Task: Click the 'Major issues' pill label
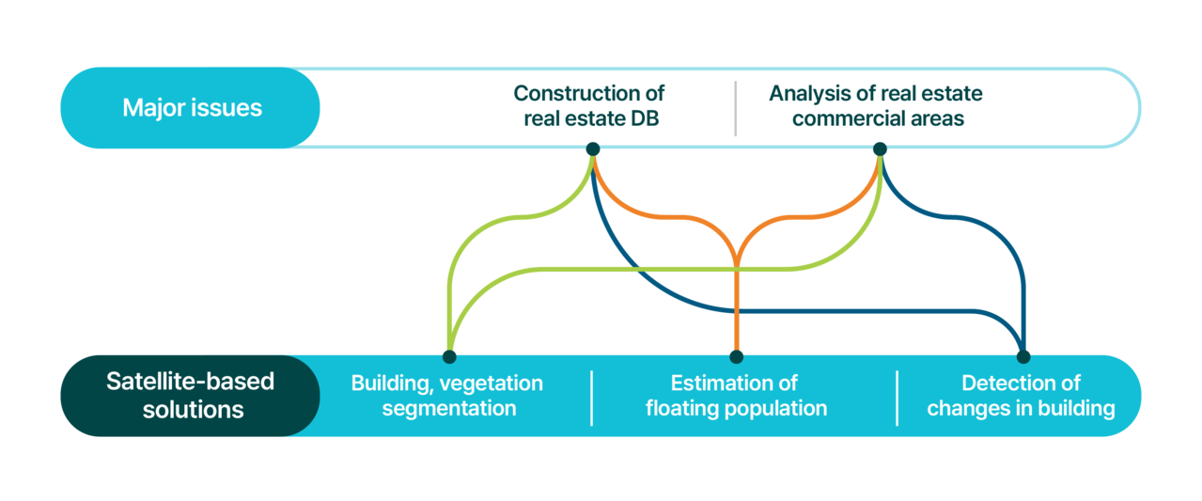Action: [x=192, y=107]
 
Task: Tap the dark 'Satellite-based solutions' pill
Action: [x=191, y=396]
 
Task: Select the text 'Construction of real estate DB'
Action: [x=589, y=106]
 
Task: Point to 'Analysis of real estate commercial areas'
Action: [x=876, y=106]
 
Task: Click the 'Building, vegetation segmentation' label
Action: [x=447, y=396]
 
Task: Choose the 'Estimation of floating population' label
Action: [x=736, y=396]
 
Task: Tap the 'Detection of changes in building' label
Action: [x=1022, y=396]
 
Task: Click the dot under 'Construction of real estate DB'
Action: [x=593, y=149]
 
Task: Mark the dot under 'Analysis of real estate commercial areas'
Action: [x=880, y=149]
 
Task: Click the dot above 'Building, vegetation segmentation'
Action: [x=449, y=356]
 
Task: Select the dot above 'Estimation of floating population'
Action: [x=737, y=356]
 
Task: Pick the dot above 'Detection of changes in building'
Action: [x=1023, y=356]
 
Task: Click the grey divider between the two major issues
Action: [x=736, y=108]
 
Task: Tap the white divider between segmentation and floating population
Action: [x=592, y=398]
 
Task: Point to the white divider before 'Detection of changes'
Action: [x=898, y=398]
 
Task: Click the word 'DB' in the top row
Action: [x=645, y=118]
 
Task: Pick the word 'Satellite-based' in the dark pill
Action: [x=191, y=382]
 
